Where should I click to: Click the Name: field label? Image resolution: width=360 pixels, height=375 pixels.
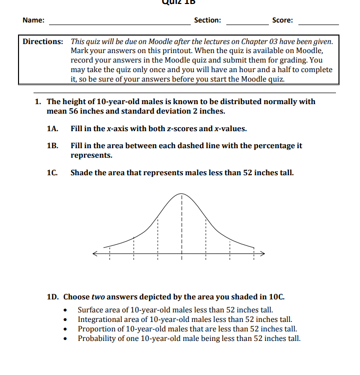[33, 21]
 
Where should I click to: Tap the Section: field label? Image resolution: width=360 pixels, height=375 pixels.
[207, 21]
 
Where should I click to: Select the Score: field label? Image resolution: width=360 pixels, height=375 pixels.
[282, 21]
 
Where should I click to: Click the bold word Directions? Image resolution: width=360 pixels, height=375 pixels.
[43, 41]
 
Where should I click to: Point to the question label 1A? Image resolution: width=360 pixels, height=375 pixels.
[52, 129]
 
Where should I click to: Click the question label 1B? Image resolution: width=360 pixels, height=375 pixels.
[52, 146]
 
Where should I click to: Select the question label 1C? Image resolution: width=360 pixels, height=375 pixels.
[52, 173]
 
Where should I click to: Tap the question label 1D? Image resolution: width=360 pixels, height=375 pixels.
[53, 296]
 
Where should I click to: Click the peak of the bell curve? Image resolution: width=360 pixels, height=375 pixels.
[181, 193]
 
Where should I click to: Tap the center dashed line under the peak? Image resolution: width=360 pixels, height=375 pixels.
[181, 225]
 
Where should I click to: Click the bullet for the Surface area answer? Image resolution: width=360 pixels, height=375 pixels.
[67, 310]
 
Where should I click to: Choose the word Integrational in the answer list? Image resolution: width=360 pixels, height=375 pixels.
[99, 319]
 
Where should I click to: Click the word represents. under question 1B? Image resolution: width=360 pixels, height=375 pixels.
[91, 155]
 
